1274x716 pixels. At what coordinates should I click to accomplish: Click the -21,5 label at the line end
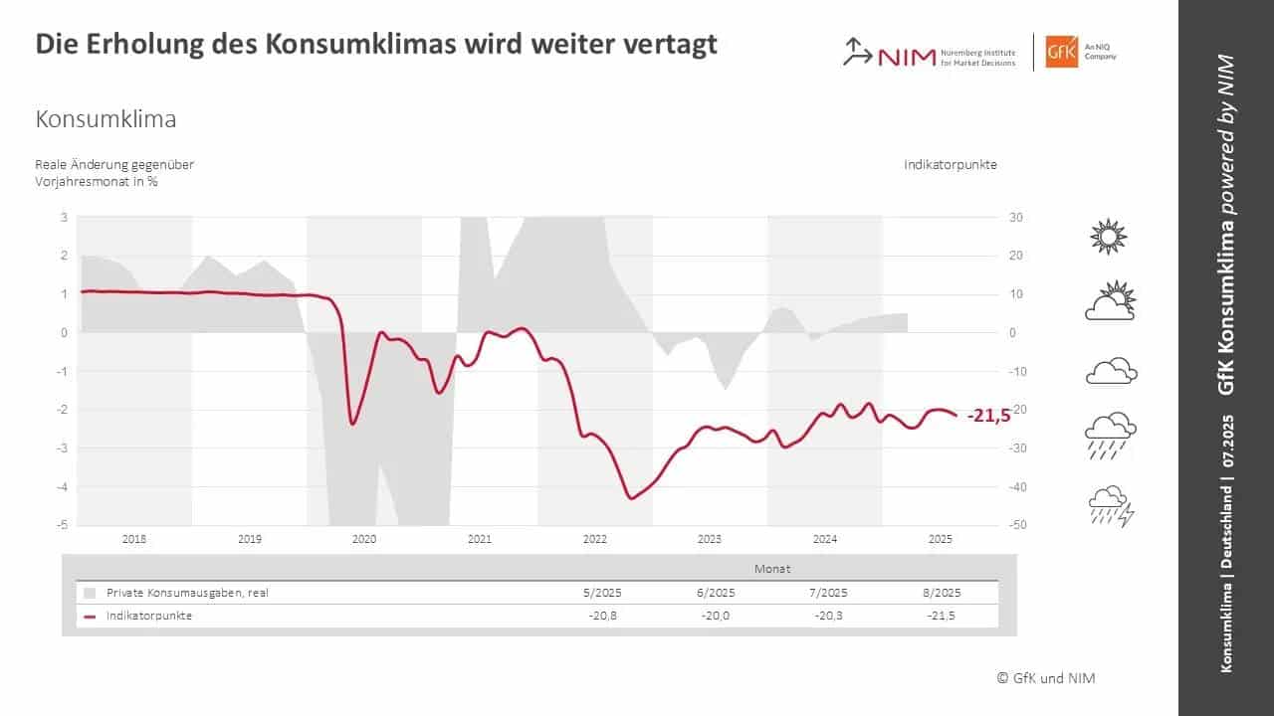click(x=987, y=416)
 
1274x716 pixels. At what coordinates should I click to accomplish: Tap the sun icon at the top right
click(x=1109, y=238)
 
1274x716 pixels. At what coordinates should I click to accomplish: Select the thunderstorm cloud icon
click(x=1111, y=506)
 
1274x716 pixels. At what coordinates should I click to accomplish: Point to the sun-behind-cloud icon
click(x=1111, y=301)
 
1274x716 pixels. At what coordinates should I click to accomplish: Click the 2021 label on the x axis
click(x=480, y=539)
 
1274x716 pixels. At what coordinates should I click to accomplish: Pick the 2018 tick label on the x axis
click(x=134, y=539)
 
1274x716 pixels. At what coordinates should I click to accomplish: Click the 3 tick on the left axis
click(x=64, y=217)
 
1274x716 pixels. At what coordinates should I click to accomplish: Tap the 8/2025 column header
click(x=941, y=592)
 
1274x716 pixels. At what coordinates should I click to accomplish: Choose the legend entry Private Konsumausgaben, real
click(x=187, y=592)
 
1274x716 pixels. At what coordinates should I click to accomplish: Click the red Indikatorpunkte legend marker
click(x=90, y=616)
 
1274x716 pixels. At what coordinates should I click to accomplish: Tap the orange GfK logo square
click(x=1061, y=52)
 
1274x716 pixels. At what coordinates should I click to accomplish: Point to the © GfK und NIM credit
click(x=1046, y=678)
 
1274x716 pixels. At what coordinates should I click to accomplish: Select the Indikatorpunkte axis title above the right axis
click(x=950, y=164)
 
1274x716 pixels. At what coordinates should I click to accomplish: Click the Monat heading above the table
click(x=772, y=569)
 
